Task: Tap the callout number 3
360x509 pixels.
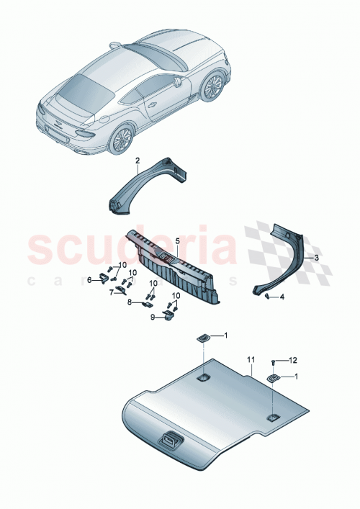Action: click(x=315, y=256)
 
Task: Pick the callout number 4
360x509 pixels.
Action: click(x=282, y=297)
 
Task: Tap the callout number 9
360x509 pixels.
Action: click(x=153, y=316)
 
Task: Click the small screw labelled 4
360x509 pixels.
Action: click(x=266, y=295)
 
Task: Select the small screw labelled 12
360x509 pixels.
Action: click(x=274, y=361)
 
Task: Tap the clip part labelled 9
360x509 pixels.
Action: click(x=170, y=315)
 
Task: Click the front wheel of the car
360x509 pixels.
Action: click(x=212, y=88)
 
